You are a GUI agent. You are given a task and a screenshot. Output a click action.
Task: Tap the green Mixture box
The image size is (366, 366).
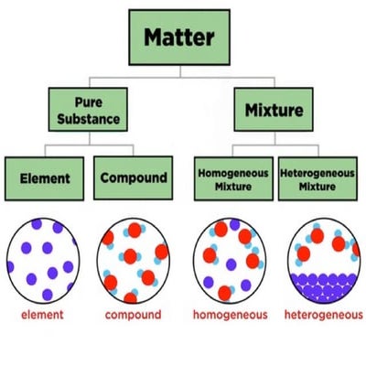pyautogui.click(x=273, y=111)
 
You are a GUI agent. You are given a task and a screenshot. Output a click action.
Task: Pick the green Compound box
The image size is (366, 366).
pyautogui.click(x=133, y=178)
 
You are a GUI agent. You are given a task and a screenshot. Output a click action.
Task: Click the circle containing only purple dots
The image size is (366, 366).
pyautogui.click(x=42, y=261)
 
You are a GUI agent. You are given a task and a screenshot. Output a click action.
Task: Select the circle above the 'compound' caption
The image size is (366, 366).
pyautogui.click(x=133, y=261)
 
